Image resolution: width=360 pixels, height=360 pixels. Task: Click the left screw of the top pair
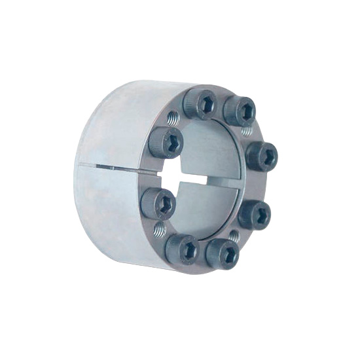200,104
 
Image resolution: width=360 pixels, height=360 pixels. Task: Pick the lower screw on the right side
256,214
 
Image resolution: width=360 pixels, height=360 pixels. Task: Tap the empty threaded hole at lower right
242,240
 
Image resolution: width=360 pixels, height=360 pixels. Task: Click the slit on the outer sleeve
118,168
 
